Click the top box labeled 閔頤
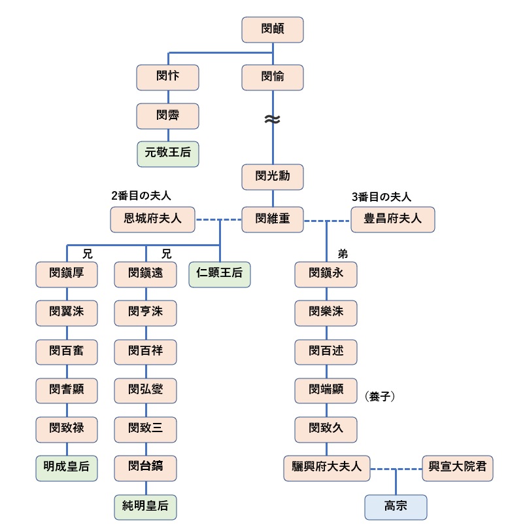click(x=272, y=30)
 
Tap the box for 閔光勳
click(x=272, y=177)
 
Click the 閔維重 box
click(x=272, y=219)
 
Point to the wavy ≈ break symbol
click(x=272, y=120)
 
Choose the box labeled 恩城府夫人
click(x=153, y=219)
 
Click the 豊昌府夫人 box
click(x=392, y=219)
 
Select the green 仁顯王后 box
click(x=219, y=273)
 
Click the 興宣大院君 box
click(x=457, y=468)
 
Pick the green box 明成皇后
click(x=67, y=468)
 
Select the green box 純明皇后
click(x=145, y=507)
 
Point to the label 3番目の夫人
click(x=381, y=196)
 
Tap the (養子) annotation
click(x=380, y=396)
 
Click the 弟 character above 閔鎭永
click(x=342, y=254)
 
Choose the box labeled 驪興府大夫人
click(x=327, y=468)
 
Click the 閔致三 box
click(x=145, y=429)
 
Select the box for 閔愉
click(x=272, y=77)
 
